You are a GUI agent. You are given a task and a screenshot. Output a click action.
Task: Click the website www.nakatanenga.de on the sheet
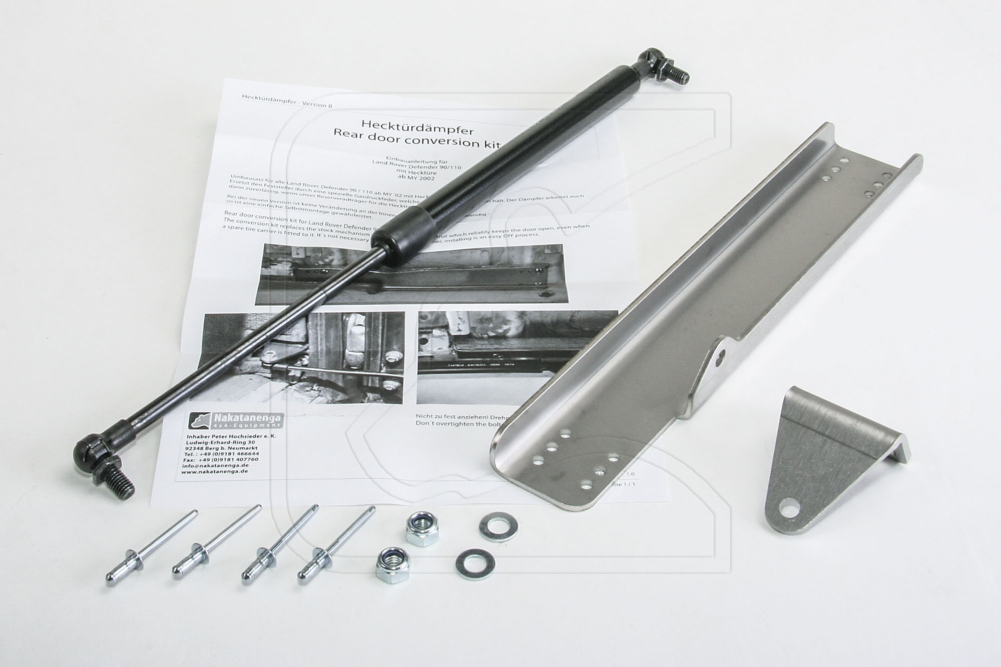tap(216, 471)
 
